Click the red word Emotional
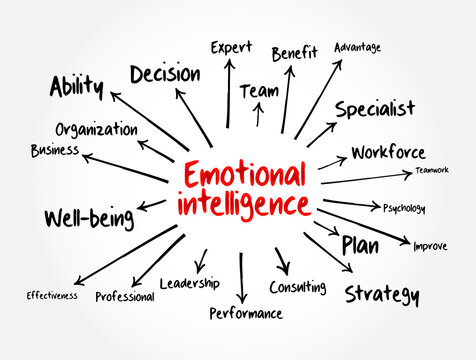click(x=244, y=176)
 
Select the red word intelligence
click(x=243, y=205)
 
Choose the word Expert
click(x=230, y=47)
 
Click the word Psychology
click(x=404, y=208)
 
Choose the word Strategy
click(x=382, y=294)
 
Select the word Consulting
click(x=297, y=288)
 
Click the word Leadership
click(x=189, y=283)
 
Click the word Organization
click(x=96, y=129)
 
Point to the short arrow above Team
click(x=258, y=114)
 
